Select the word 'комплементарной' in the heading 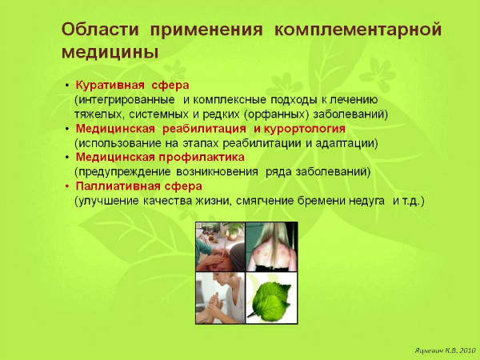click(358, 30)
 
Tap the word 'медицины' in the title click(108, 51)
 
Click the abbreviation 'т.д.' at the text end click(413, 200)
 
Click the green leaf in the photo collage click(271, 297)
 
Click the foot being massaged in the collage click(216, 308)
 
